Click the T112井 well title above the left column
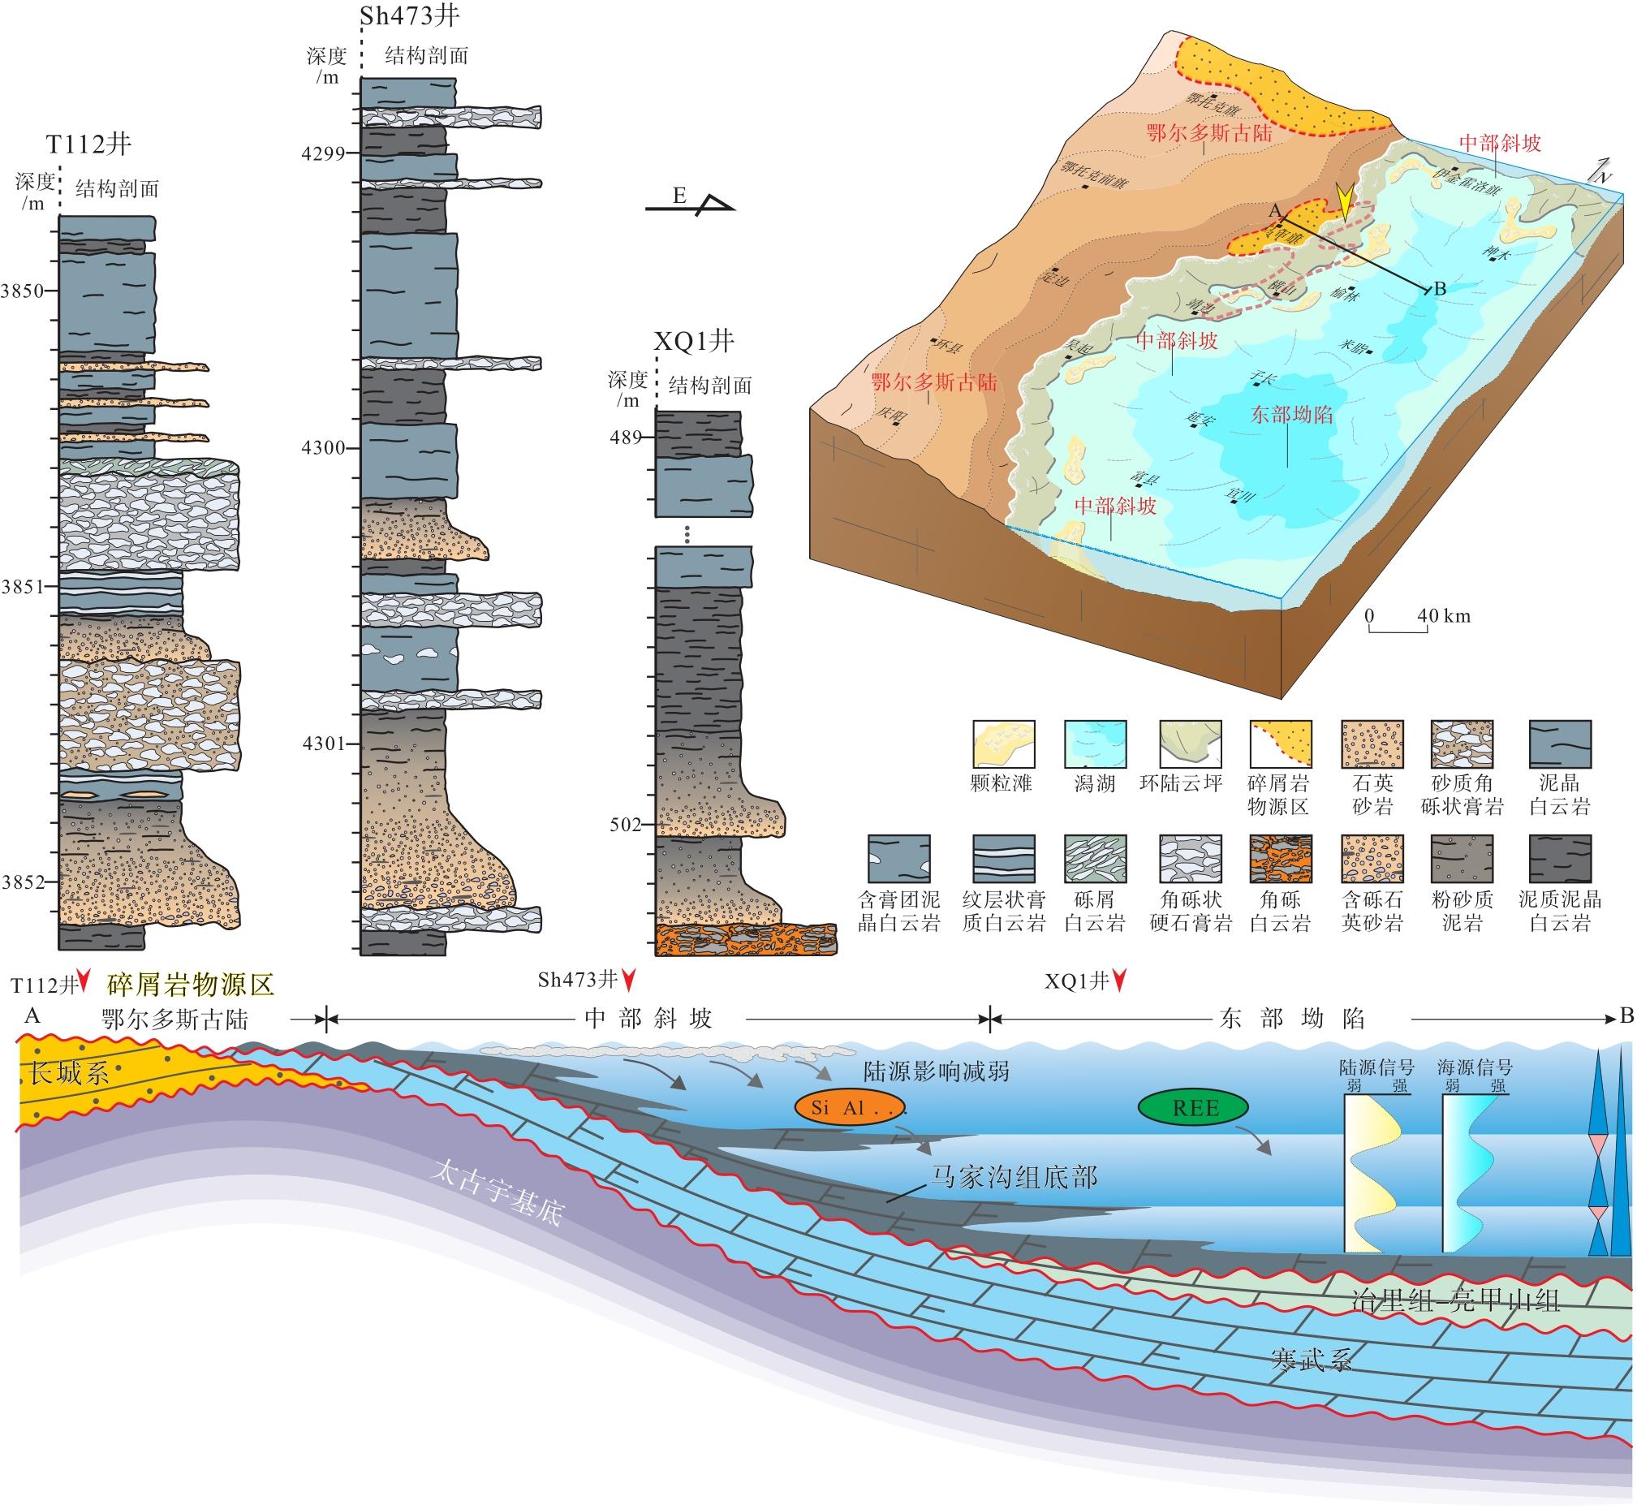pos(88,144)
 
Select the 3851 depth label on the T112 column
pos(22,586)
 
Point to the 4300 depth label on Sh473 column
pos(323,447)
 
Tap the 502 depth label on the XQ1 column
pos(626,825)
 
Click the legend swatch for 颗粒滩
pos(1003,744)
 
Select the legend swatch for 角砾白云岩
pos(1280,859)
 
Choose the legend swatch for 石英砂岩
pos(1372,744)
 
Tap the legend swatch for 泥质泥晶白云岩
pos(1559,859)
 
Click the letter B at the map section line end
pos(1440,288)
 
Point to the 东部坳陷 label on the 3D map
pos(1291,415)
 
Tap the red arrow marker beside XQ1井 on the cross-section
pos(1119,980)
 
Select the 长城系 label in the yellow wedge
pos(70,1072)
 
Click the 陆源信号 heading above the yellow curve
pos(1376,1067)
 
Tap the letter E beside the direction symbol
pos(679,195)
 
